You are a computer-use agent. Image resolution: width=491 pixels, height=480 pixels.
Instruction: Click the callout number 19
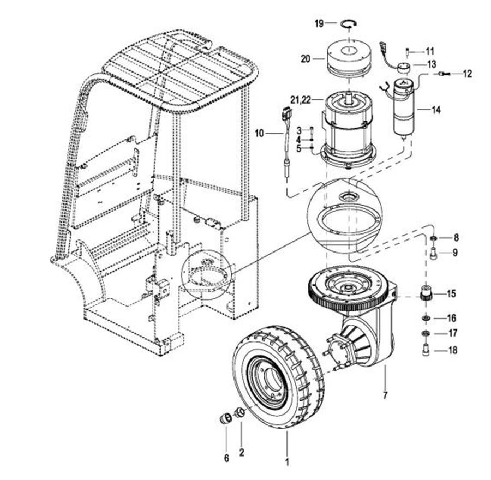319,23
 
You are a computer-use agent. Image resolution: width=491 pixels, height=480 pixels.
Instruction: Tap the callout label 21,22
300,100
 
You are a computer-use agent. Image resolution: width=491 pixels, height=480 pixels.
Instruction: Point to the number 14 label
436,110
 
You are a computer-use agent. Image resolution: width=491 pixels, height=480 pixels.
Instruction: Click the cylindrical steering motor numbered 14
404,108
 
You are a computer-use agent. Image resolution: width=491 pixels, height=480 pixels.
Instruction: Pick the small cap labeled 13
403,68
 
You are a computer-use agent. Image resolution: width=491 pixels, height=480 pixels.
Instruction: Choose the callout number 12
467,74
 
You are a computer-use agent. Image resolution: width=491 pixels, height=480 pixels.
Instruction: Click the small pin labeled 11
407,52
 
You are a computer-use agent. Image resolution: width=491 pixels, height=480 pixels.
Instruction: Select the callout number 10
259,134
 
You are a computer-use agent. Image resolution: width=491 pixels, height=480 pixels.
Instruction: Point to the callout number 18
453,350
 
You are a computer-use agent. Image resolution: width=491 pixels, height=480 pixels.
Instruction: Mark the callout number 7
385,395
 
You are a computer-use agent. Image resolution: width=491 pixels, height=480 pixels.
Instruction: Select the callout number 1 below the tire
286,462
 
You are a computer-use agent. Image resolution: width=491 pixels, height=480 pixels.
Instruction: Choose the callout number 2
242,452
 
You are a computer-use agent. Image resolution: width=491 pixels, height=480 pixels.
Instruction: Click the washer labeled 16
425,318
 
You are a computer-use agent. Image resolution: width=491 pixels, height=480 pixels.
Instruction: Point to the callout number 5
299,148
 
